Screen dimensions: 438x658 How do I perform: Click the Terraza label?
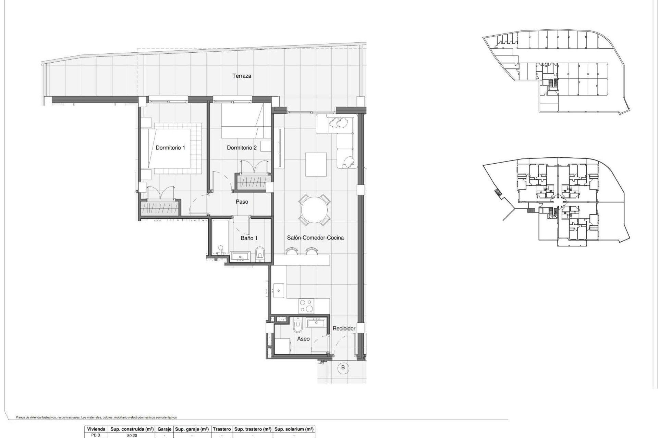coord(242,76)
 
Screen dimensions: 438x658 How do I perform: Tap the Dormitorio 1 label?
coord(170,148)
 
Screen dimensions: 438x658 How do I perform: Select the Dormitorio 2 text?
coord(242,148)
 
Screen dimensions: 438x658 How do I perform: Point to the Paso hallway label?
coord(242,202)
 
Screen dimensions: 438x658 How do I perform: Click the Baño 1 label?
coord(249,238)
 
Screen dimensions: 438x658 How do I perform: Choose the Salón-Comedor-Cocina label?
coord(315,238)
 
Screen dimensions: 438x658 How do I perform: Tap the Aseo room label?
coord(303,339)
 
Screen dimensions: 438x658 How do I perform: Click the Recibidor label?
coord(344,328)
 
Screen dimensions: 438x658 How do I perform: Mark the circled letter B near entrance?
coord(343,368)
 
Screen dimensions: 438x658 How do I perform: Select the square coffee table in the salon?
coord(316,164)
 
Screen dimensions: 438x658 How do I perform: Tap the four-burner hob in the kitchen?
coord(306,306)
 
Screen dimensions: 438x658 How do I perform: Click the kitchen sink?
coord(278,291)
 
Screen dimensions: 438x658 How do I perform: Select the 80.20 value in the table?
coord(132,436)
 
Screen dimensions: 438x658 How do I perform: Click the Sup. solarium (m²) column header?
coord(294,429)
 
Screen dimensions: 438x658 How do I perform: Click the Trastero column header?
coord(222,429)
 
